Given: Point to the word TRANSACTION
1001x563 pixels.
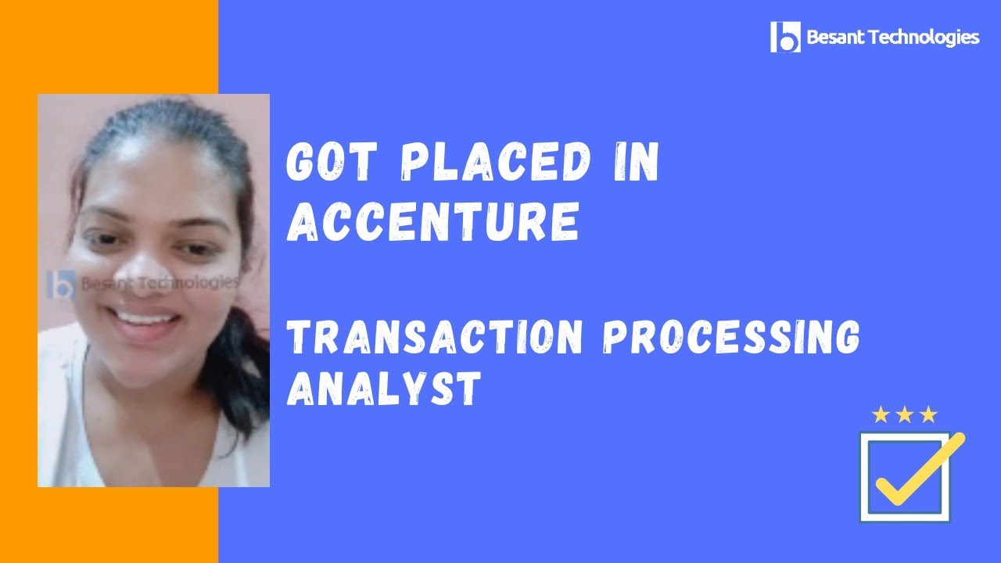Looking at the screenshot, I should tap(435, 337).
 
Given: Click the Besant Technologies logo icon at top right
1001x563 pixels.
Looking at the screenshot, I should tap(785, 37).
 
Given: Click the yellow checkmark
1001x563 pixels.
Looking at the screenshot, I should tap(920, 469).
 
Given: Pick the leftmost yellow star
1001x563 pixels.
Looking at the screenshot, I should tap(881, 415).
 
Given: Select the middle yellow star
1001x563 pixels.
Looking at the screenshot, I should tap(905, 415).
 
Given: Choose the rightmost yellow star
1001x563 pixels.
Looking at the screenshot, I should tap(928, 415).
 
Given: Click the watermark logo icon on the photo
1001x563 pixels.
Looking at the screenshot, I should tap(61, 285).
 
